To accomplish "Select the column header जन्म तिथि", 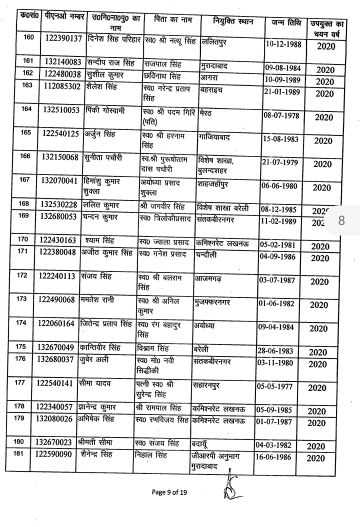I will click(x=286, y=23).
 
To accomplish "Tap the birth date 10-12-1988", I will click(x=284, y=43).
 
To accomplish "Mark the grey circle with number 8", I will click(x=342, y=220).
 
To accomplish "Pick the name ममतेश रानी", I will click(x=97, y=299).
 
